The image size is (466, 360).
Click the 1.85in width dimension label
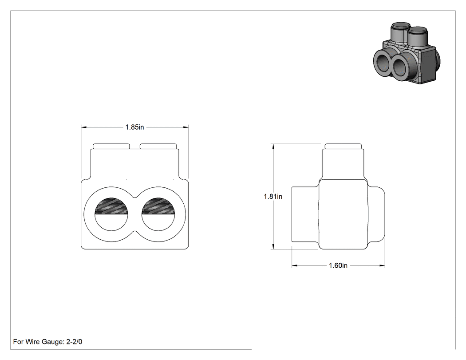pyautogui.click(x=134, y=127)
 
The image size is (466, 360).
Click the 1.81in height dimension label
pyautogui.click(x=273, y=197)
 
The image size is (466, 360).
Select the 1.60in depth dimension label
pyautogui.click(x=338, y=265)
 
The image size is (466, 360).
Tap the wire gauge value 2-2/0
pyautogui.click(x=74, y=341)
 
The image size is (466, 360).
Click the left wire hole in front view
pyautogui.click(x=111, y=214)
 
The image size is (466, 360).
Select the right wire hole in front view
pyautogui.click(x=158, y=214)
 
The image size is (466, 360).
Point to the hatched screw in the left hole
pyautogui.click(x=111, y=206)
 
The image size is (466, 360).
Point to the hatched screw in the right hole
pyautogui.click(x=158, y=206)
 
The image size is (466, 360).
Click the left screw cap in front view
pyautogui.click(x=111, y=146)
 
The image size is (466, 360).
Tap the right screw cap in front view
pyautogui.click(x=158, y=146)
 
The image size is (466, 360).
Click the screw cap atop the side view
pyautogui.click(x=343, y=146)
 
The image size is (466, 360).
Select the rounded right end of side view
pyautogui.click(x=376, y=214)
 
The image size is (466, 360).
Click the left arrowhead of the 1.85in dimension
pyautogui.click(x=84, y=127)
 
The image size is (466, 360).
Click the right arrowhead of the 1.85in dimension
pyautogui.click(x=186, y=127)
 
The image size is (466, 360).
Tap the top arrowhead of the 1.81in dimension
pyautogui.click(x=273, y=146)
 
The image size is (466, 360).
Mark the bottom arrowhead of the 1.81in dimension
pyautogui.click(x=273, y=246)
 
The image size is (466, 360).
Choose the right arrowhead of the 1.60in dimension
pyautogui.click(x=382, y=265)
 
